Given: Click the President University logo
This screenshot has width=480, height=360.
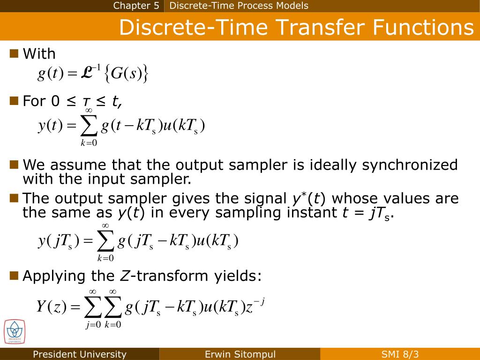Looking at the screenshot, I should [x=15, y=332].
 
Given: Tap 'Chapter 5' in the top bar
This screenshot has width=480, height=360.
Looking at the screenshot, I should [x=136, y=6].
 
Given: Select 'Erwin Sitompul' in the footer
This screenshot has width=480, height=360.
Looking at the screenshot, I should [x=240, y=354].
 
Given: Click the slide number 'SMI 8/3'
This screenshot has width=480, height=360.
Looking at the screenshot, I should [x=400, y=354].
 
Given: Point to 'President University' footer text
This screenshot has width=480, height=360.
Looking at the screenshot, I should [x=80, y=354].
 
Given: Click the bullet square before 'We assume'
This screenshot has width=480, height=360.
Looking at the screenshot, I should [x=14, y=164].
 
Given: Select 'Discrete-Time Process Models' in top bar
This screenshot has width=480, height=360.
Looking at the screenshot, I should [x=239, y=6].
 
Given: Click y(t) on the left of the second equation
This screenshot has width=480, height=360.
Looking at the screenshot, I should [x=50, y=126].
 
